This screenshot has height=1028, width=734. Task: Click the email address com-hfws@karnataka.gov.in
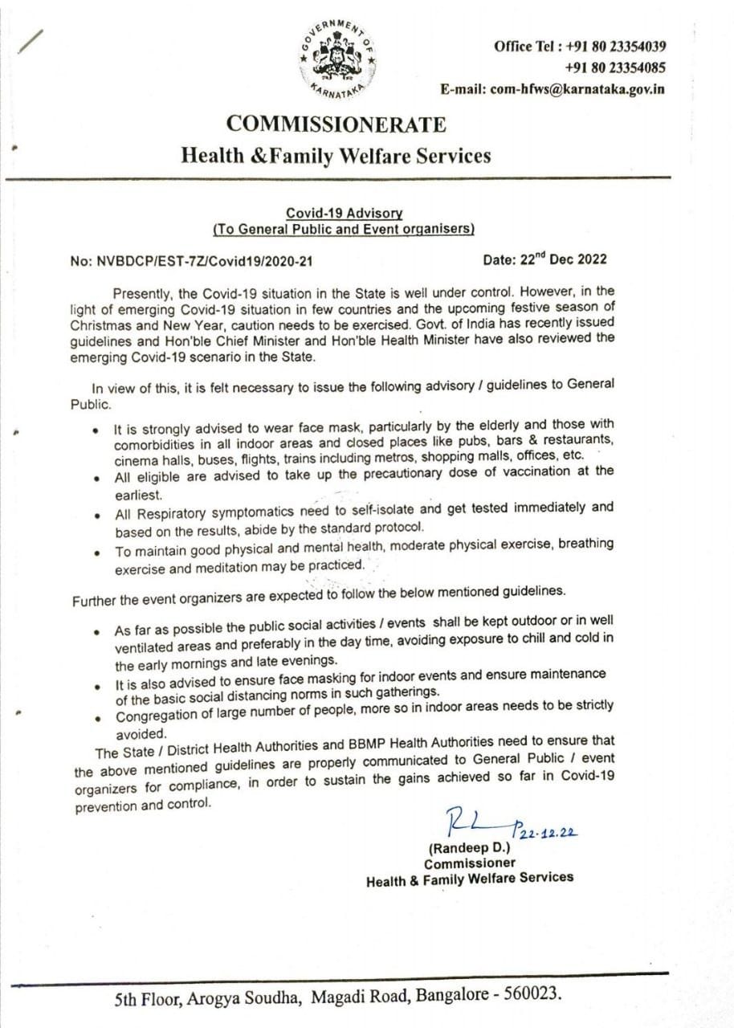577,89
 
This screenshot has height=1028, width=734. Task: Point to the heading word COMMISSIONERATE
336,124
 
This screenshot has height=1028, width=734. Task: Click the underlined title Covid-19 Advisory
344,214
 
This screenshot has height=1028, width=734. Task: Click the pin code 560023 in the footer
530,994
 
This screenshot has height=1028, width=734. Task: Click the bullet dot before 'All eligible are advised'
97,477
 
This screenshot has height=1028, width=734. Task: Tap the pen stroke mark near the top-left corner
30,41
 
